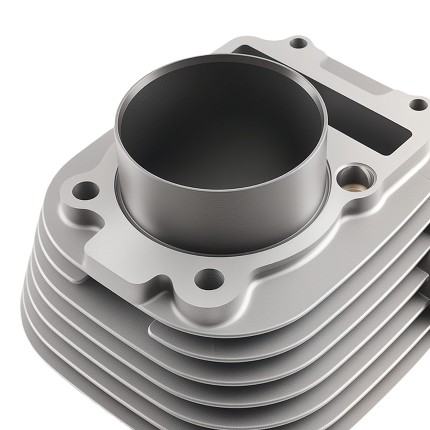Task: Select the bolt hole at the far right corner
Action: point(418,104)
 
